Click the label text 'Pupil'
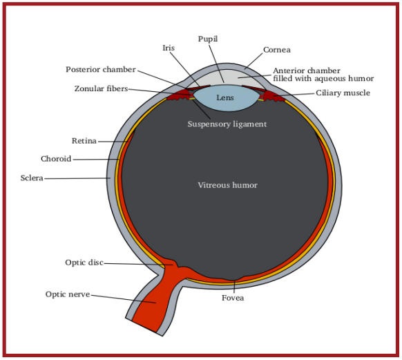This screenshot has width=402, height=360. click(209, 38)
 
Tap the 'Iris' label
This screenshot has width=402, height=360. click(169, 48)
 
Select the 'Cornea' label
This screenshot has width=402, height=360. click(276, 50)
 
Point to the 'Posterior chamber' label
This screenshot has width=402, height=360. click(100, 69)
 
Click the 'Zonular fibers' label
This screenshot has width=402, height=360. click(101, 88)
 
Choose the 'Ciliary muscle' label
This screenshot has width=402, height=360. click(343, 93)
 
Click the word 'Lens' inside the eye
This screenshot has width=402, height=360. click(225, 98)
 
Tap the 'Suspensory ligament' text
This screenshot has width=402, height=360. click(227, 124)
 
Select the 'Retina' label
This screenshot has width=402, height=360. click(84, 141)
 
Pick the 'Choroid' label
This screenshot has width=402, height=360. click(56, 159)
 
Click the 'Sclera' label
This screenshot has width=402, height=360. click(32, 178)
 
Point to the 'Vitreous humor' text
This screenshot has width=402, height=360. click(227, 185)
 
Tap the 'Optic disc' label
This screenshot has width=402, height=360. click(84, 263)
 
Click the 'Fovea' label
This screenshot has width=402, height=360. click(233, 299)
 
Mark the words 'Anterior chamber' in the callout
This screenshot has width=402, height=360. click(306, 70)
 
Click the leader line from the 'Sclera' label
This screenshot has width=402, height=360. click(76, 178)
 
